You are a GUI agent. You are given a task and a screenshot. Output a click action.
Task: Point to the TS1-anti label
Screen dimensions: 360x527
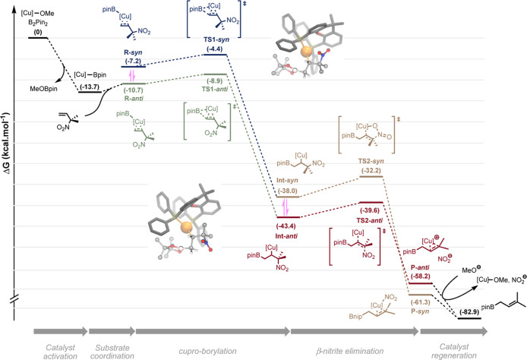tap(214, 89)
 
